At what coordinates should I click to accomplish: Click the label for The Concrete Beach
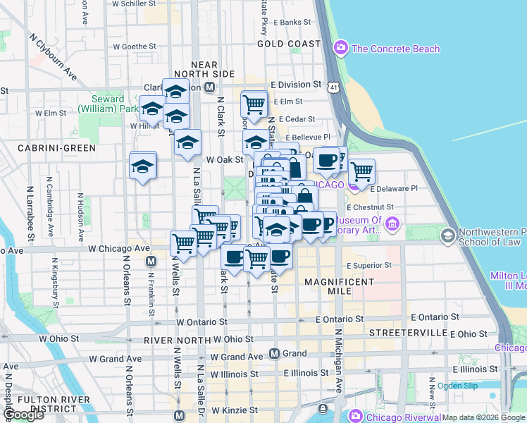coord(395,49)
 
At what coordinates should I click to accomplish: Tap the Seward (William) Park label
coord(108,104)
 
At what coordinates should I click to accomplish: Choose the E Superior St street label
coord(369,266)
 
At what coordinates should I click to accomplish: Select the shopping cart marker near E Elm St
coord(254,105)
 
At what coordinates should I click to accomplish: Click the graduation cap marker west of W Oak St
coord(143,167)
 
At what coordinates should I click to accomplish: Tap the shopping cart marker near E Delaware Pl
coord(361,171)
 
